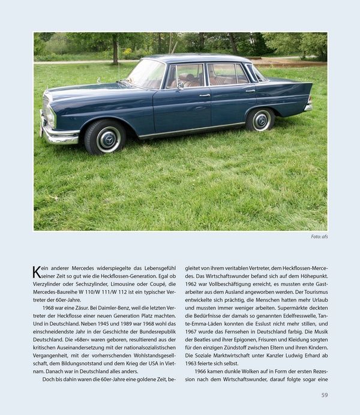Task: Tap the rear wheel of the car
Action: coord(262,119)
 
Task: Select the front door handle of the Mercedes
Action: coord(205,95)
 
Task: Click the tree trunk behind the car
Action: coord(115,52)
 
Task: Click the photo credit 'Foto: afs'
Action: coord(319,236)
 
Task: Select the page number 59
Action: coord(324,395)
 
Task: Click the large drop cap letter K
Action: coord(37,272)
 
